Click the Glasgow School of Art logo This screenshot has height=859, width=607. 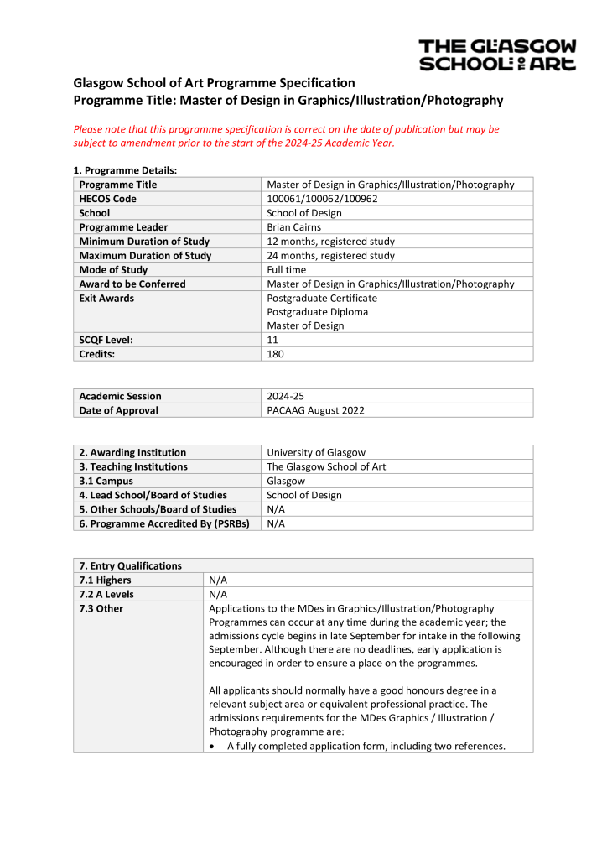point(497,55)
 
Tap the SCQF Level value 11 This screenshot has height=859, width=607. point(272,340)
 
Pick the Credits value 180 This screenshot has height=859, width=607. point(275,354)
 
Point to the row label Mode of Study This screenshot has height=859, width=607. point(113,270)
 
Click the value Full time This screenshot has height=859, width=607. point(287,270)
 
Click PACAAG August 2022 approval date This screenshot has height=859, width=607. point(315,410)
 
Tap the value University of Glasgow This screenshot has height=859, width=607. point(316,452)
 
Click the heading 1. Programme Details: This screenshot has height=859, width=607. point(125,170)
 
